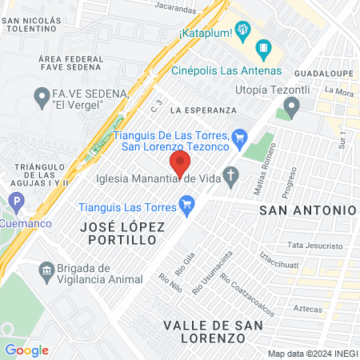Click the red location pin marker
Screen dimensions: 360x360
click(180, 166)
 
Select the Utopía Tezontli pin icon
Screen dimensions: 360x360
click(291, 106)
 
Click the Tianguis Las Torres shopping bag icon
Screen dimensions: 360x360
click(187, 206)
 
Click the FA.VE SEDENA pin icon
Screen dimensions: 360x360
click(42, 99)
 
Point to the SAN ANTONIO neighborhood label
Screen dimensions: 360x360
click(307, 209)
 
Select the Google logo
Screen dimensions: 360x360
click(26, 350)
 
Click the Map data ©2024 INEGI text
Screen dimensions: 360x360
click(311, 353)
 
